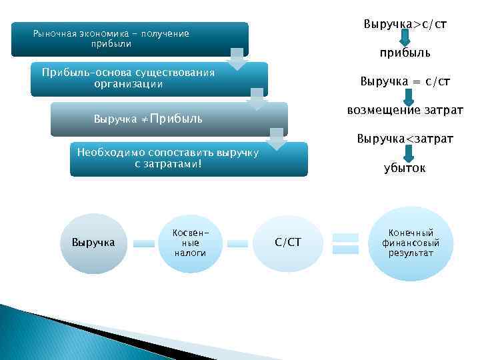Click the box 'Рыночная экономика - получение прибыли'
pyautogui.click(x=130, y=39)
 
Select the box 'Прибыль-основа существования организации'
pyautogui.click(x=149, y=79)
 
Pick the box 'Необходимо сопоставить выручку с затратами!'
pyautogui.click(x=189, y=159)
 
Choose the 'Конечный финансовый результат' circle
pyautogui.click(x=411, y=243)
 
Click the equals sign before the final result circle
pyautogui.click(x=345, y=243)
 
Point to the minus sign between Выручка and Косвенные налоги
pyautogui.click(x=144, y=243)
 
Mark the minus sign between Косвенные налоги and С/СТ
pyautogui.click(x=237, y=243)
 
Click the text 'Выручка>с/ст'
pyautogui.click(x=405, y=25)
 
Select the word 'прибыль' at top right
pyautogui.click(x=405, y=52)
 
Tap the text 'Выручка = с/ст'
pyautogui.click(x=405, y=81)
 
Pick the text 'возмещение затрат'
pyautogui.click(x=405, y=109)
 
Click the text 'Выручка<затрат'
pyautogui.click(x=405, y=139)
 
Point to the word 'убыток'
pyautogui.click(x=405, y=168)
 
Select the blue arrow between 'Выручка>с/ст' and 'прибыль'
pyautogui.click(x=405, y=38)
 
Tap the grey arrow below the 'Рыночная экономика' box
pyautogui.click(x=238, y=59)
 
